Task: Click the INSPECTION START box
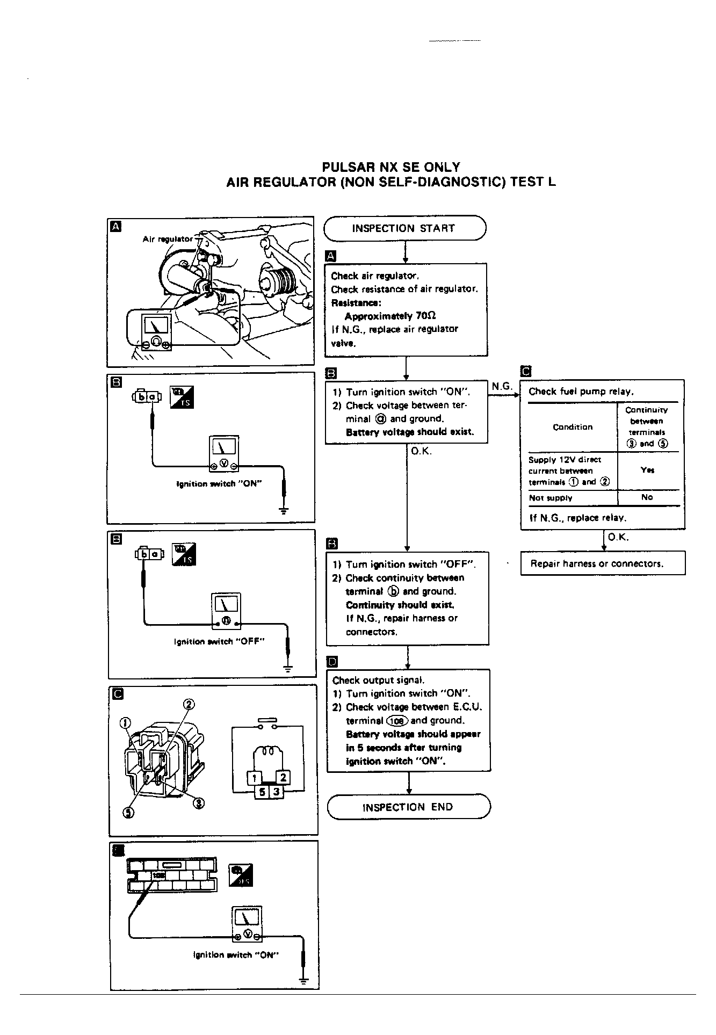pos(404,228)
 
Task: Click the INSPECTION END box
pos(408,807)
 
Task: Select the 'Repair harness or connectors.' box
pos(602,563)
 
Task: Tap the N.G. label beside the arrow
pos(502,386)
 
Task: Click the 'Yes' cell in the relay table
pos(647,470)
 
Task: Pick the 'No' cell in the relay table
pos(647,497)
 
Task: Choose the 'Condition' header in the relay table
pos(573,427)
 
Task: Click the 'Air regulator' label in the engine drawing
pos(168,239)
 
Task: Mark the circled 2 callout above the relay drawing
pos(189,704)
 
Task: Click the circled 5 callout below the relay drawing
pos(128,812)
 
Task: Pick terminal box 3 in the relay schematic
pos(276,791)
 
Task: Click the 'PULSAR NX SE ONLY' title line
pos(391,167)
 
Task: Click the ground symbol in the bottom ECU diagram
pos(303,981)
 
